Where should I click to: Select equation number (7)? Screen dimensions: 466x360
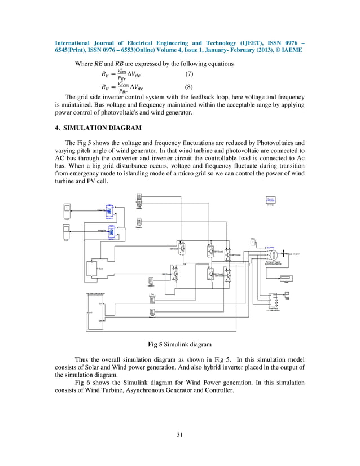pyautogui.click(x=191, y=75)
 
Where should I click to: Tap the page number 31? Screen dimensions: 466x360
pyautogui.click(x=179, y=434)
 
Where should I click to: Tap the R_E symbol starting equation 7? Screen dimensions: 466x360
pyautogui.click(x=106, y=75)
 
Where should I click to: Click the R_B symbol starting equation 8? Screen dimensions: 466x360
pyautogui.click(x=106, y=87)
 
